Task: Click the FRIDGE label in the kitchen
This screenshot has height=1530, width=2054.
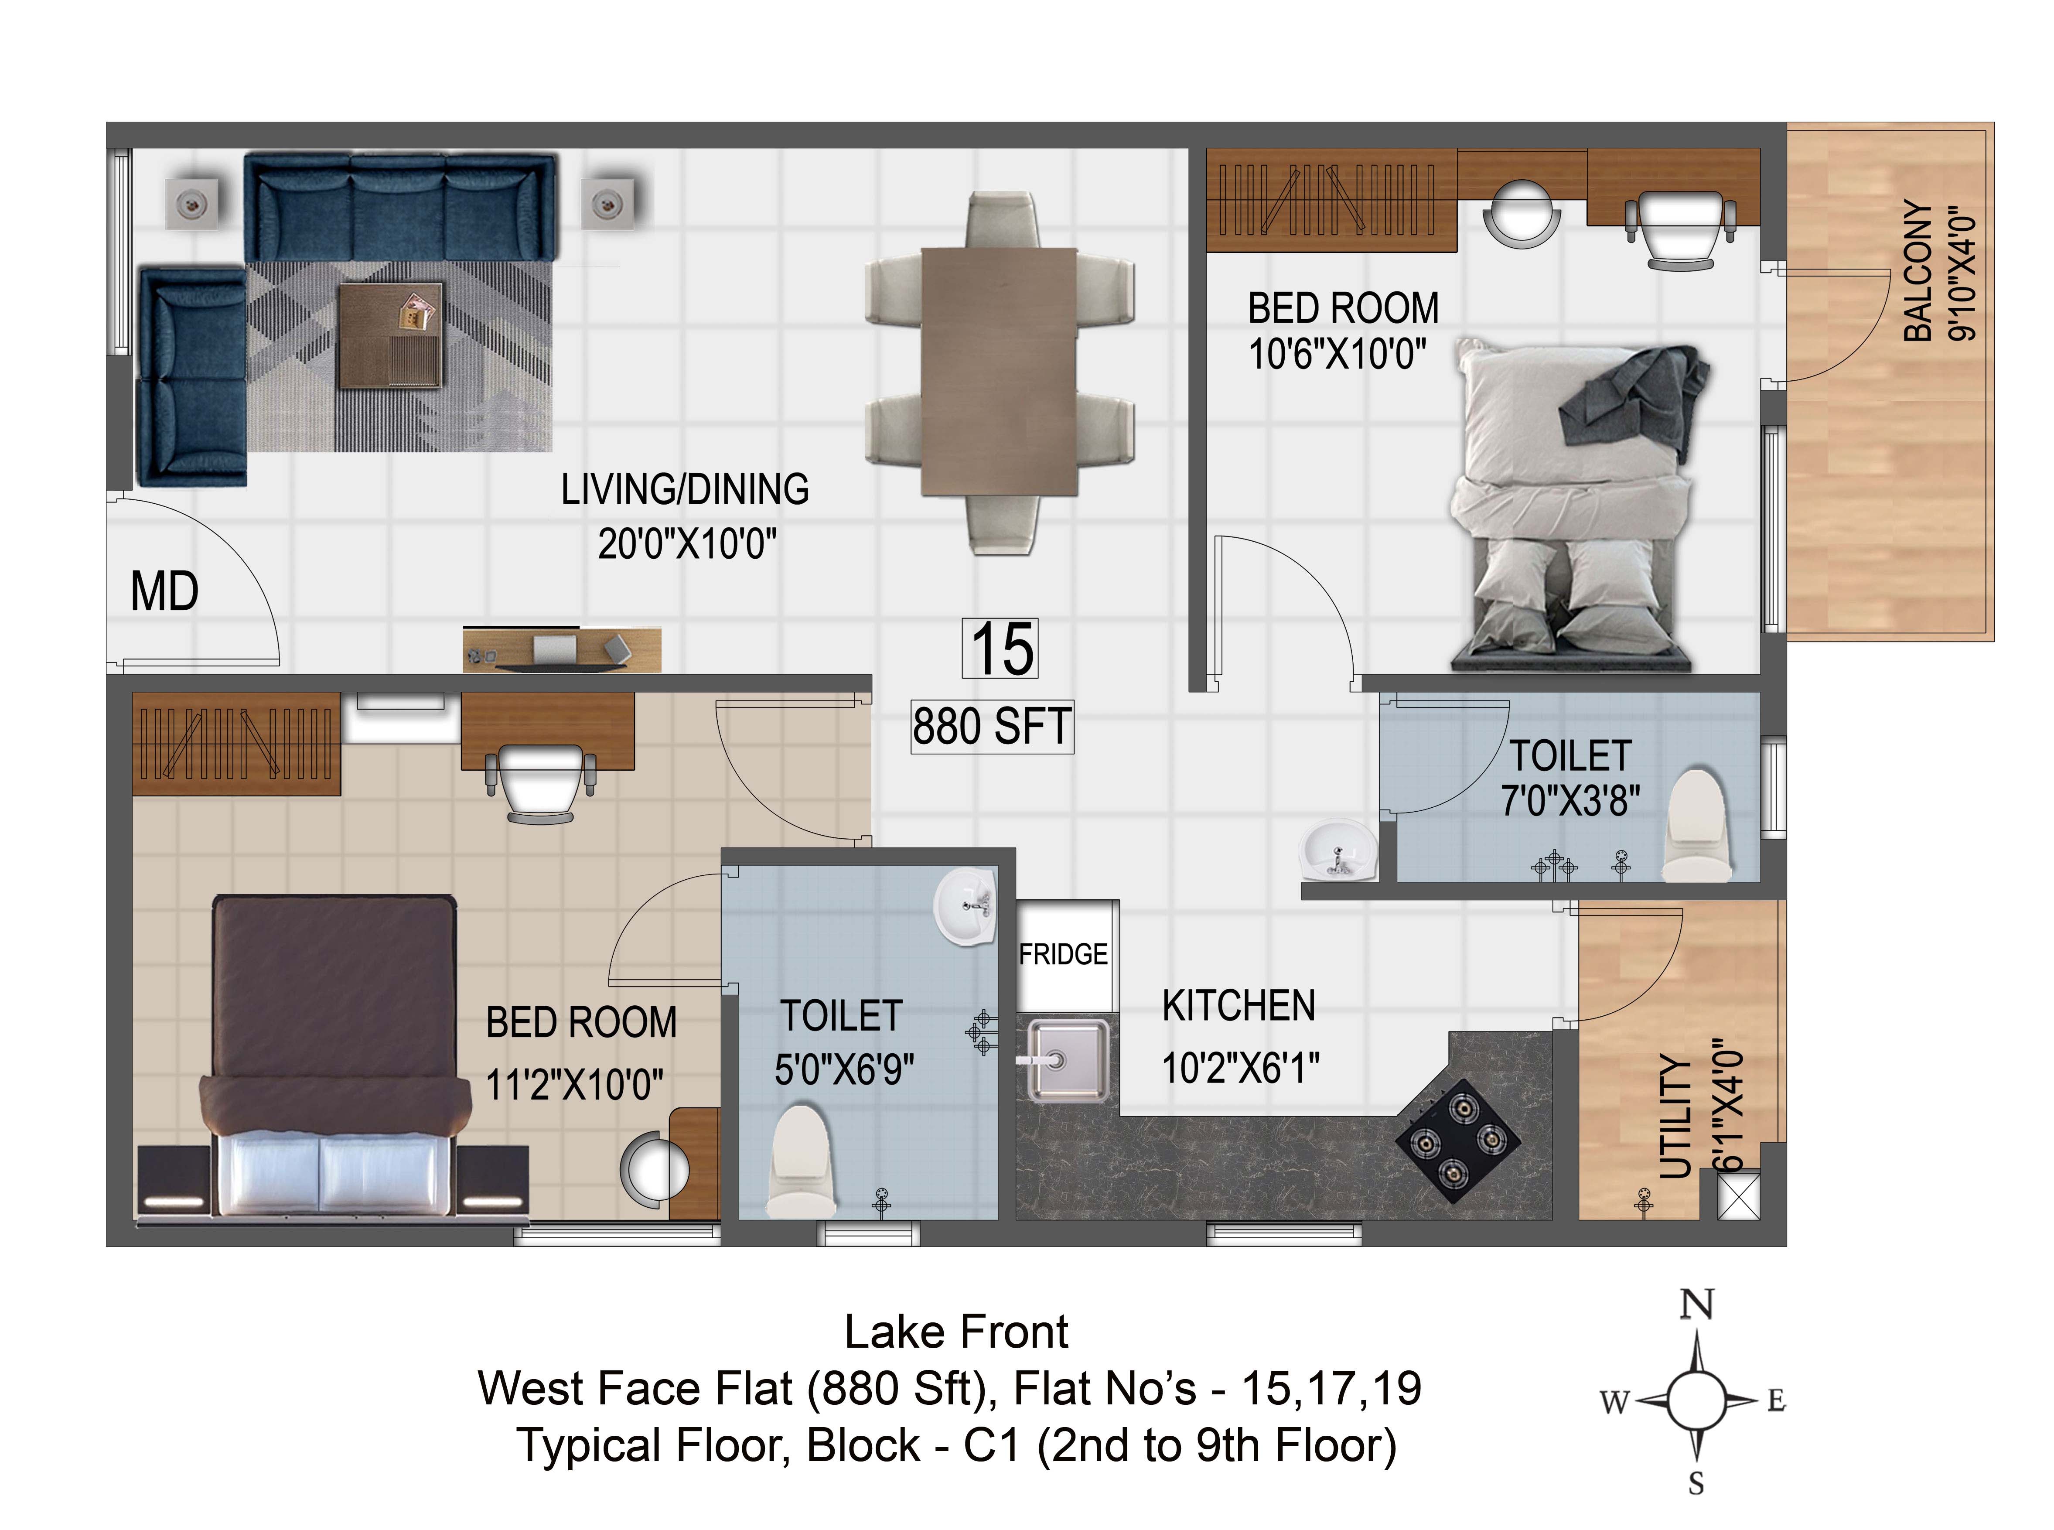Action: [x=1063, y=954]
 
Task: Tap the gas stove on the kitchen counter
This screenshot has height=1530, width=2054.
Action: [x=1457, y=1141]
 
